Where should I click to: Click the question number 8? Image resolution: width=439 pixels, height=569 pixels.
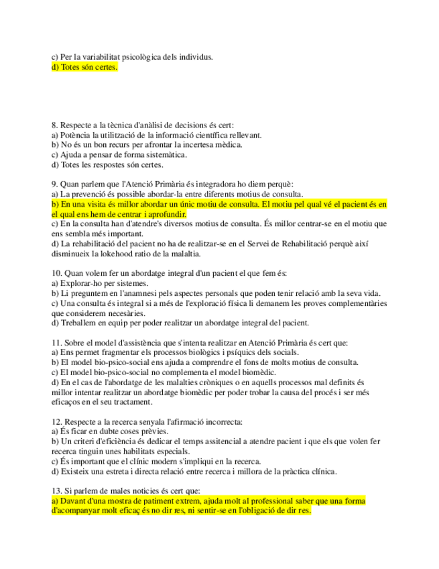(54, 125)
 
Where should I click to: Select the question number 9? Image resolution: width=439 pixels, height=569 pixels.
(54, 183)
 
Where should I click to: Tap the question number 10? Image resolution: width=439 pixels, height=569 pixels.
(56, 273)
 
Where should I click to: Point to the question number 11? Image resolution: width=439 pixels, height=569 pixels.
(56, 342)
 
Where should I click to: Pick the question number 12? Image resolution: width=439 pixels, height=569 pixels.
(56, 421)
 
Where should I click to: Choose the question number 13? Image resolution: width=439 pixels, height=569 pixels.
(56, 490)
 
